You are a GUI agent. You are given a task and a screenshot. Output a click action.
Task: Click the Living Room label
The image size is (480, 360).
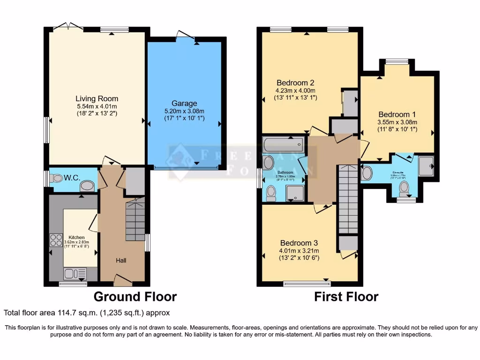tap(97, 98)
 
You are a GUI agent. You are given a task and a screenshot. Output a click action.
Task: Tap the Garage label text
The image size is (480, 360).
tap(184, 103)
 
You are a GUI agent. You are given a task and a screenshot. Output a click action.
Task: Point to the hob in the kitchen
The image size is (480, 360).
tap(56, 240)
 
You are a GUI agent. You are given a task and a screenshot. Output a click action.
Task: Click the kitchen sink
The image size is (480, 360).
tap(75, 273)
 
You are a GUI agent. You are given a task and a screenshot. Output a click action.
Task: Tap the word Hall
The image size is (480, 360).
tap(121, 260)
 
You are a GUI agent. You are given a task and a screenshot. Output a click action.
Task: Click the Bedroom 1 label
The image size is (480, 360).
tap(397, 114)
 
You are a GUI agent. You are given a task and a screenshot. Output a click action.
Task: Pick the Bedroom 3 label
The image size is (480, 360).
tap(299, 243)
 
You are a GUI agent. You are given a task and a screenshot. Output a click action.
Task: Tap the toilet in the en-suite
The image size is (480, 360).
tap(404, 189)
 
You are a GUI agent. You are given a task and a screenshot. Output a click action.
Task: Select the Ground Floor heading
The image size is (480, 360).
tap(135, 297)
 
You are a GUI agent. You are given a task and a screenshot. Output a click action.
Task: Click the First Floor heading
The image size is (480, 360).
tap(346, 297)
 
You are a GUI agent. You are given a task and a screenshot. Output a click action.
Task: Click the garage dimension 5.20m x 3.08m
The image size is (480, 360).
tap(184, 111)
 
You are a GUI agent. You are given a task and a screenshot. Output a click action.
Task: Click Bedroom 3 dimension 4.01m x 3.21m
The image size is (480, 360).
tap(299, 251)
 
